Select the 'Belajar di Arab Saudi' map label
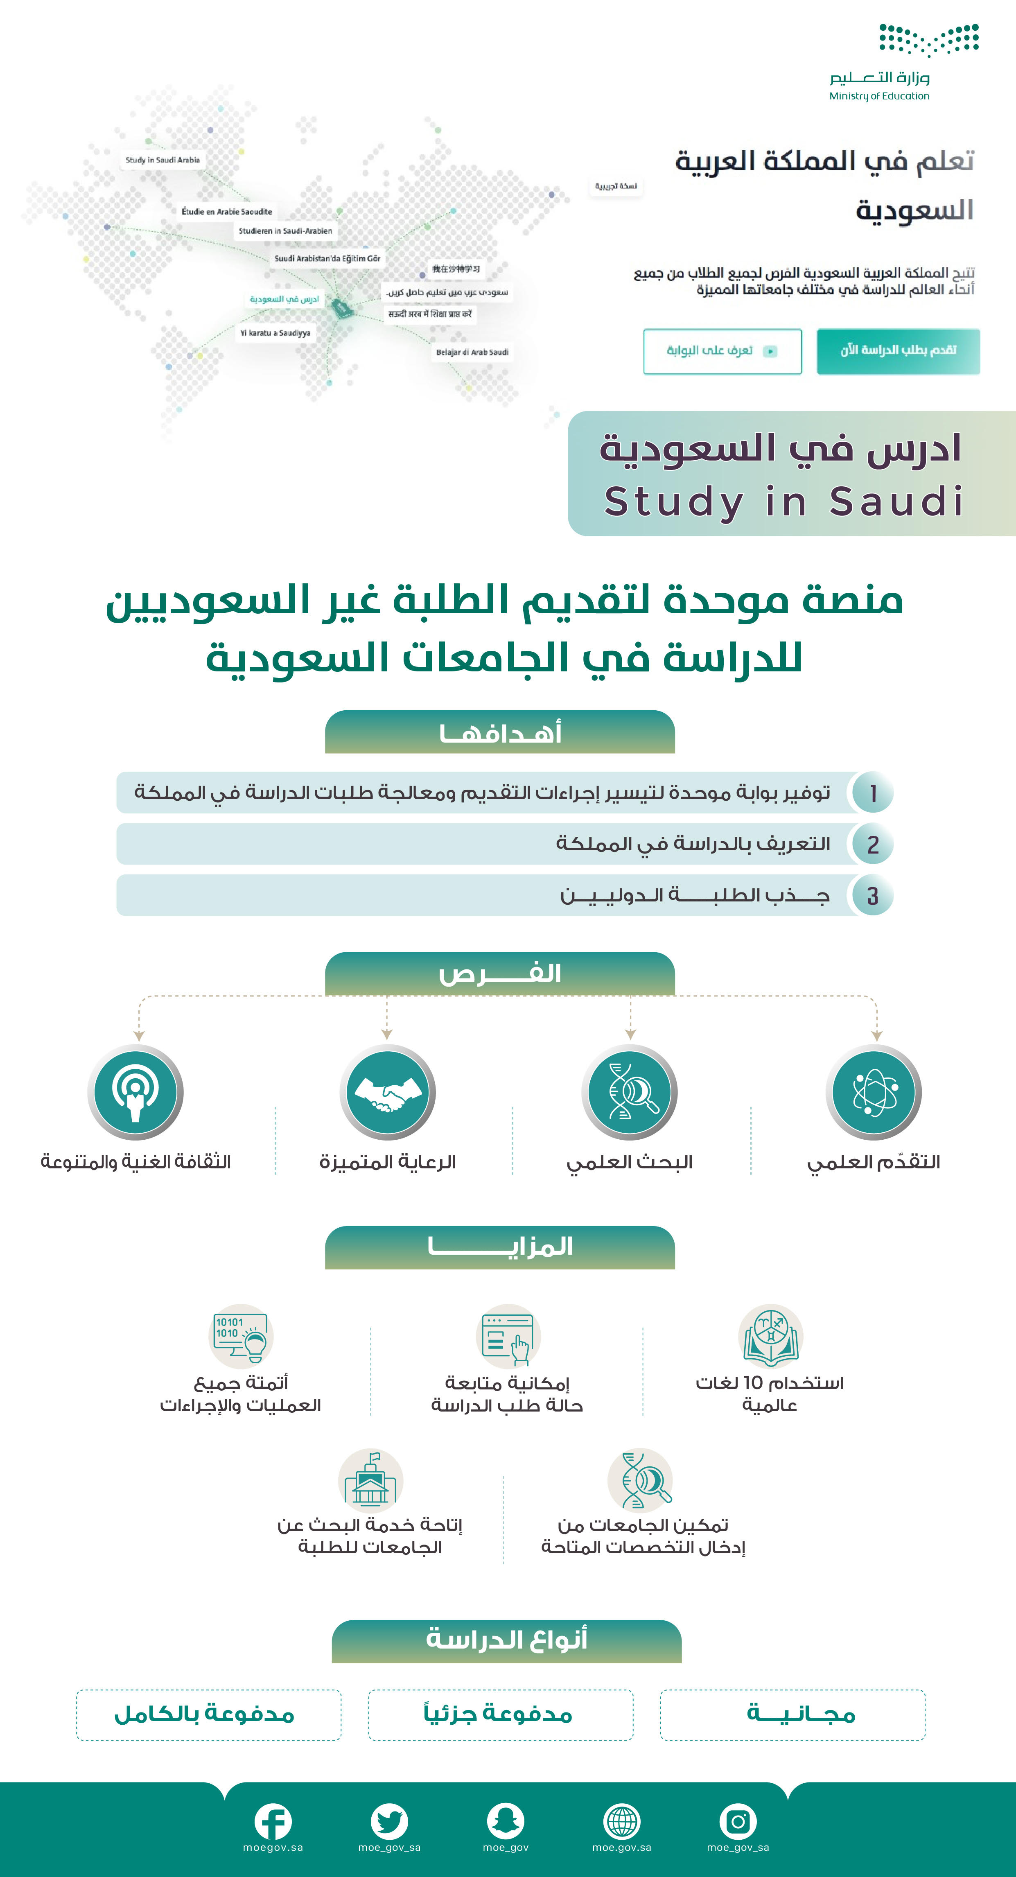click(x=472, y=352)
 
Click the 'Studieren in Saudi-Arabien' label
click(x=285, y=231)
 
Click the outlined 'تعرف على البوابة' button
click(x=722, y=351)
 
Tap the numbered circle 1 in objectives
click(x=872, y=793)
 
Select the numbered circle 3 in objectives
click(x=872, y=895)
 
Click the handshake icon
click(x=388, y=1092)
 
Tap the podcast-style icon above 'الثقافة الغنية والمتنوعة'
click(x=135, y=1092)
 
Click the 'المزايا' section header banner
click(x=500, y=1247)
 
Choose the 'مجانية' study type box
click(x=792, y=1714)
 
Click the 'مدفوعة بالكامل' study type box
click(x=208, y=1714)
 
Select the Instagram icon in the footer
click(x=738, y=1822)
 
